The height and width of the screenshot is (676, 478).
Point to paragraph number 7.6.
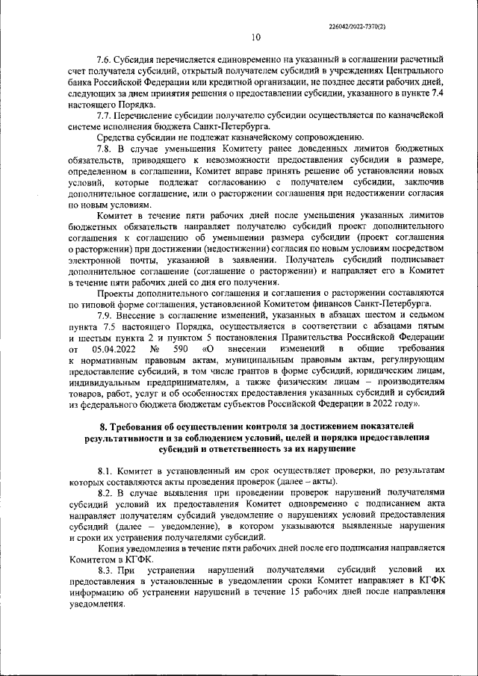108,58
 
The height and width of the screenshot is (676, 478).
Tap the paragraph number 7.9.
108,314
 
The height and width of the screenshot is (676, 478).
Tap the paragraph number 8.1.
108,471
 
